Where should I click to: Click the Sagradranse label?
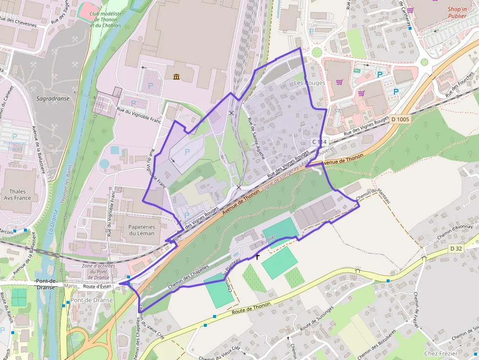pyautogui.click(x=53, y=98)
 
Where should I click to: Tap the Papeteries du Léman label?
pyautogui.click(x=142, y=230)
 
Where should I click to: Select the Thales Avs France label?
pyautogui.click(x=18, y=194)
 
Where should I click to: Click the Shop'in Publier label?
pyautogui.click(x=457, y=12)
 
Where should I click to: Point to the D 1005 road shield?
pyautogui.click(x=400, y=119)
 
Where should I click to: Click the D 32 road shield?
pyautogui.click(x=456, y=249)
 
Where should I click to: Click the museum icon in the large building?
pyautogui.click(x=176, y=77)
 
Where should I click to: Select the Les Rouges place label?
pyautogui.click(x=309, y=83)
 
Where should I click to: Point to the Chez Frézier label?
pyautogui.click(x=441, y=353)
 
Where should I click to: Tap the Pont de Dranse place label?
pyautogui.click(x=91, y=300)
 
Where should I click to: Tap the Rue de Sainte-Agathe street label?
pyautogui.click(x=256, y=139)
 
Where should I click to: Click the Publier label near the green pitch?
pyautogui.click(x=268, y=239)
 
